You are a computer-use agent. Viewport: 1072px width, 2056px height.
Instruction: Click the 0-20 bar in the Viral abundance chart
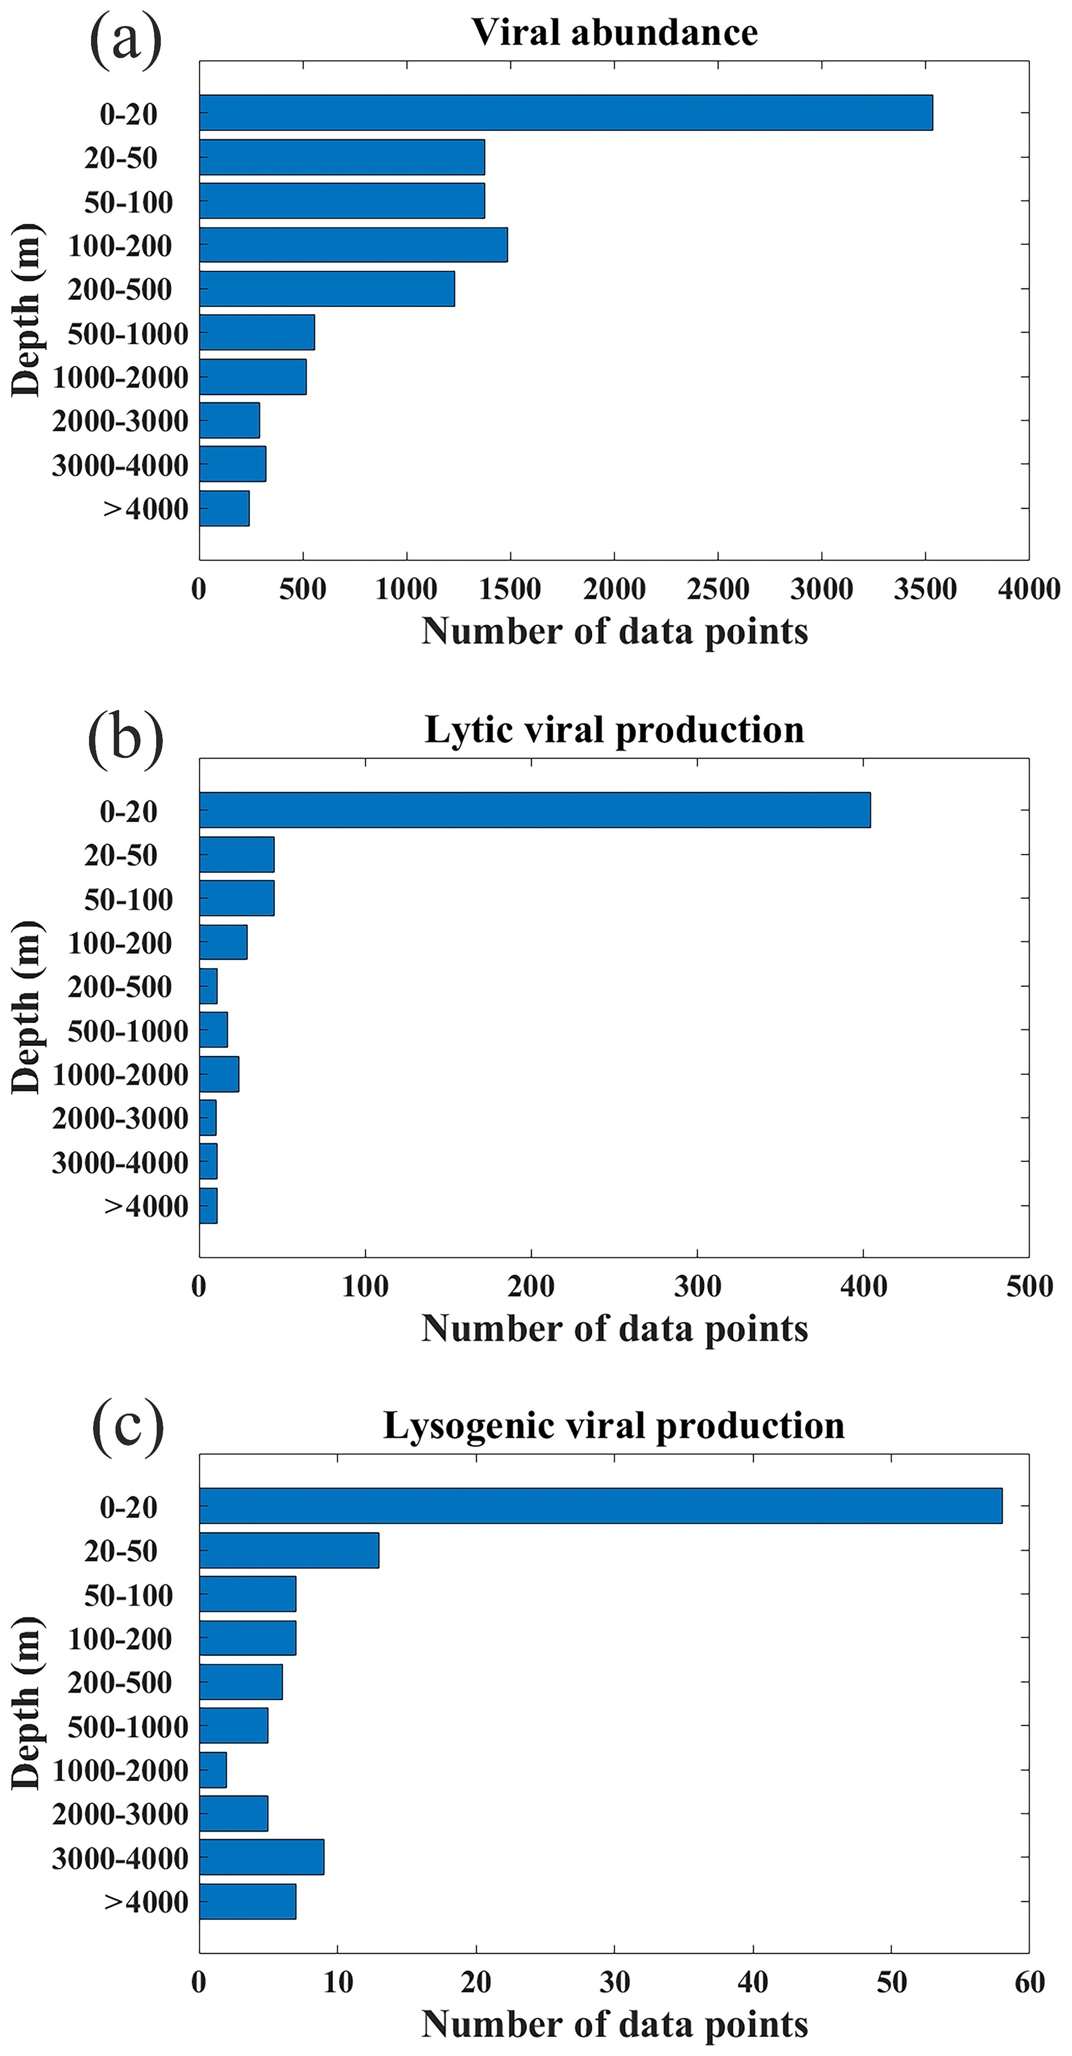[565, 113]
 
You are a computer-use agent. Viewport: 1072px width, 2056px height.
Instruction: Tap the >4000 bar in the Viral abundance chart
[224, 508]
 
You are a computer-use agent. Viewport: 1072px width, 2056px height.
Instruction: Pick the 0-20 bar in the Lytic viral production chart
[535, 810]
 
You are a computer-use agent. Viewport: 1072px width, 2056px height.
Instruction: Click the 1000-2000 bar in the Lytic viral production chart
[219, 1073]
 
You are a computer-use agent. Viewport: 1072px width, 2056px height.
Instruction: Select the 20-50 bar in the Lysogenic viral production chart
[289, 1550]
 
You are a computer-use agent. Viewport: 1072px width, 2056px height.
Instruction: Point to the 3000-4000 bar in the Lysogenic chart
[262, 1856]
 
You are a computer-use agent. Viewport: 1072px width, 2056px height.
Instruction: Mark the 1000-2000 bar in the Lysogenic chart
[213, 1769]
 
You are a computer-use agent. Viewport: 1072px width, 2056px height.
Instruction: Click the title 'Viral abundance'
[614, 33]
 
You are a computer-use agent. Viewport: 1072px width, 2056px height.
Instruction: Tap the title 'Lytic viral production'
[614, 730]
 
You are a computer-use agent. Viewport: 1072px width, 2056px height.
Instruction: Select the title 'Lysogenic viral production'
[614, 1425]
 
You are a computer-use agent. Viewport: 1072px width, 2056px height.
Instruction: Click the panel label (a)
[126, 38]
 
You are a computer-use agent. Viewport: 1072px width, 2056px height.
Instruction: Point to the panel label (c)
[128, 1427]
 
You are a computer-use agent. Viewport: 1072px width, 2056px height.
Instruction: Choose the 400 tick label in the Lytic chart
[864, 1286]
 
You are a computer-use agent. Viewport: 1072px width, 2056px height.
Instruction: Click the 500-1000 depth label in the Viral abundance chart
[128, 333]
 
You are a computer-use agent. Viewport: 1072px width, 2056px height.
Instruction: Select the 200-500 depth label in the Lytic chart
[120, 986]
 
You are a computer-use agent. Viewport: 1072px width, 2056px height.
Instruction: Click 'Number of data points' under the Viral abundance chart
[614, 632]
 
